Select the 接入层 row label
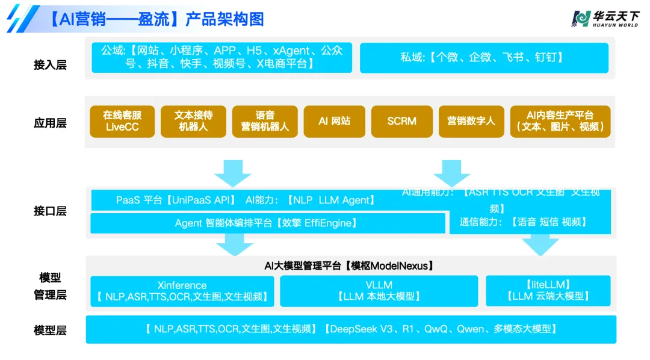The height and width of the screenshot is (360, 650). click(x=50, y=64)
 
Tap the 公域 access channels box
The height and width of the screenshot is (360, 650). click(x=222, y=57)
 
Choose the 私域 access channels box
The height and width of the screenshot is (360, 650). click(x=483, y=58)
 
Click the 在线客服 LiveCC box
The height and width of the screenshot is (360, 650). click(x=122, y=121)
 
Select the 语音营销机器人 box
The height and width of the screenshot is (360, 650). click(x=265, y=121)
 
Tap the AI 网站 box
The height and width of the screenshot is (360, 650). click(x=334, y=121)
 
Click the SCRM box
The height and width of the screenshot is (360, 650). click(x=402, y=121)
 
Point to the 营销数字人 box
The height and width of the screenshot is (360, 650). click(x=471, y=121)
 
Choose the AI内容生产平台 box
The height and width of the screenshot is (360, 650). click(x=560, y=121)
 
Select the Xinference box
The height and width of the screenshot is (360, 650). click(x=182, y=291)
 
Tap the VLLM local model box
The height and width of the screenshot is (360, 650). click(x=379, y=291)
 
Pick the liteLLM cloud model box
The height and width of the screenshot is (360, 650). click(x=548, y=291)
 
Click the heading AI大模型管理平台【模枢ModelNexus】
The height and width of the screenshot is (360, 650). click(x=349, y=265)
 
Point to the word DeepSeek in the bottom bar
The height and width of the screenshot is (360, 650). click(x=353, y=329)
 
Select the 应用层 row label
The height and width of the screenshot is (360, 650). click(x=50, y=123)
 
